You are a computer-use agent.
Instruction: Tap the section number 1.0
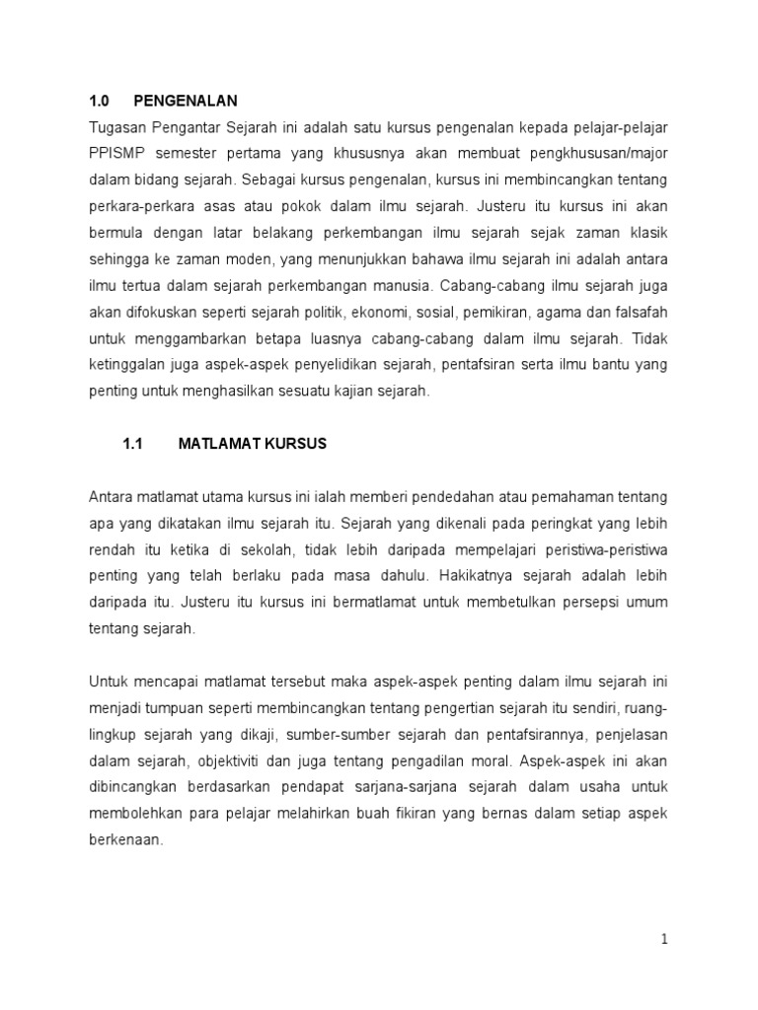point(98,101)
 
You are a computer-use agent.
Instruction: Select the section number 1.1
point(133,444)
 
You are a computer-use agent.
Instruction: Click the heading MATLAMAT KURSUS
point(252,444)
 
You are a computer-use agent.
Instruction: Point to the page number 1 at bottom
point(665,940)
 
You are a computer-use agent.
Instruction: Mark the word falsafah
point(640,313)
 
